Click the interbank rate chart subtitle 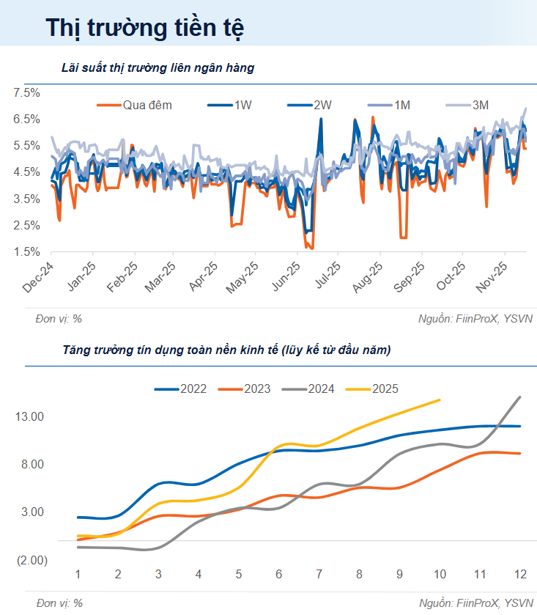(158, 68)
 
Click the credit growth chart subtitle (226, 350)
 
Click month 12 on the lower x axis (520, 572)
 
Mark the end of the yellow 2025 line (440, 399)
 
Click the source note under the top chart (475, 318)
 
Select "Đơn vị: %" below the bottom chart (58, 603)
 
